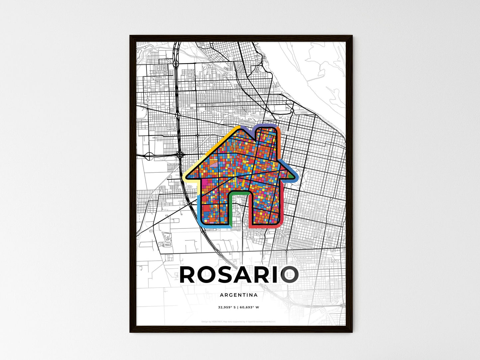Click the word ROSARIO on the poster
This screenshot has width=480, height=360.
(239, 275)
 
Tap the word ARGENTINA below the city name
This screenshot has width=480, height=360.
(239, 295)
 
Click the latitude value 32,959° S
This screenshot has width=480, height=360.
(227, 308)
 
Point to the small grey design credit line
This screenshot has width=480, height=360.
(239, 321)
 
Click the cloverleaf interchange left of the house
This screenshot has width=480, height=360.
(180, 154)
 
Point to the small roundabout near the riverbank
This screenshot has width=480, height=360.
(292, 110)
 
